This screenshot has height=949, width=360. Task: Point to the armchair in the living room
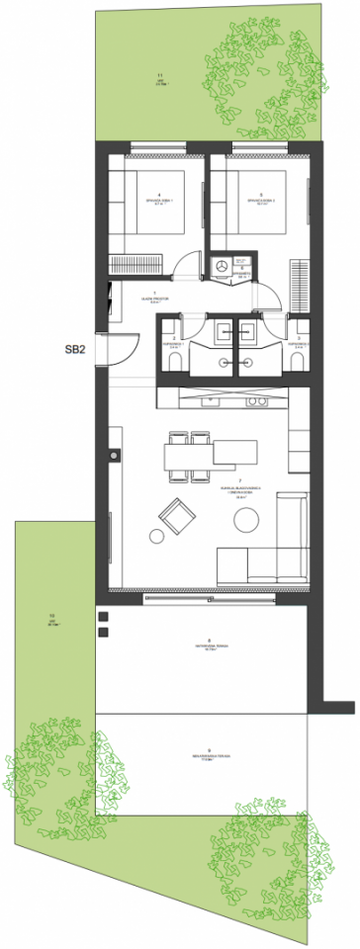click(176, 514)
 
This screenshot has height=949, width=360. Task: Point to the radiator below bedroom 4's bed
click(133, 264)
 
